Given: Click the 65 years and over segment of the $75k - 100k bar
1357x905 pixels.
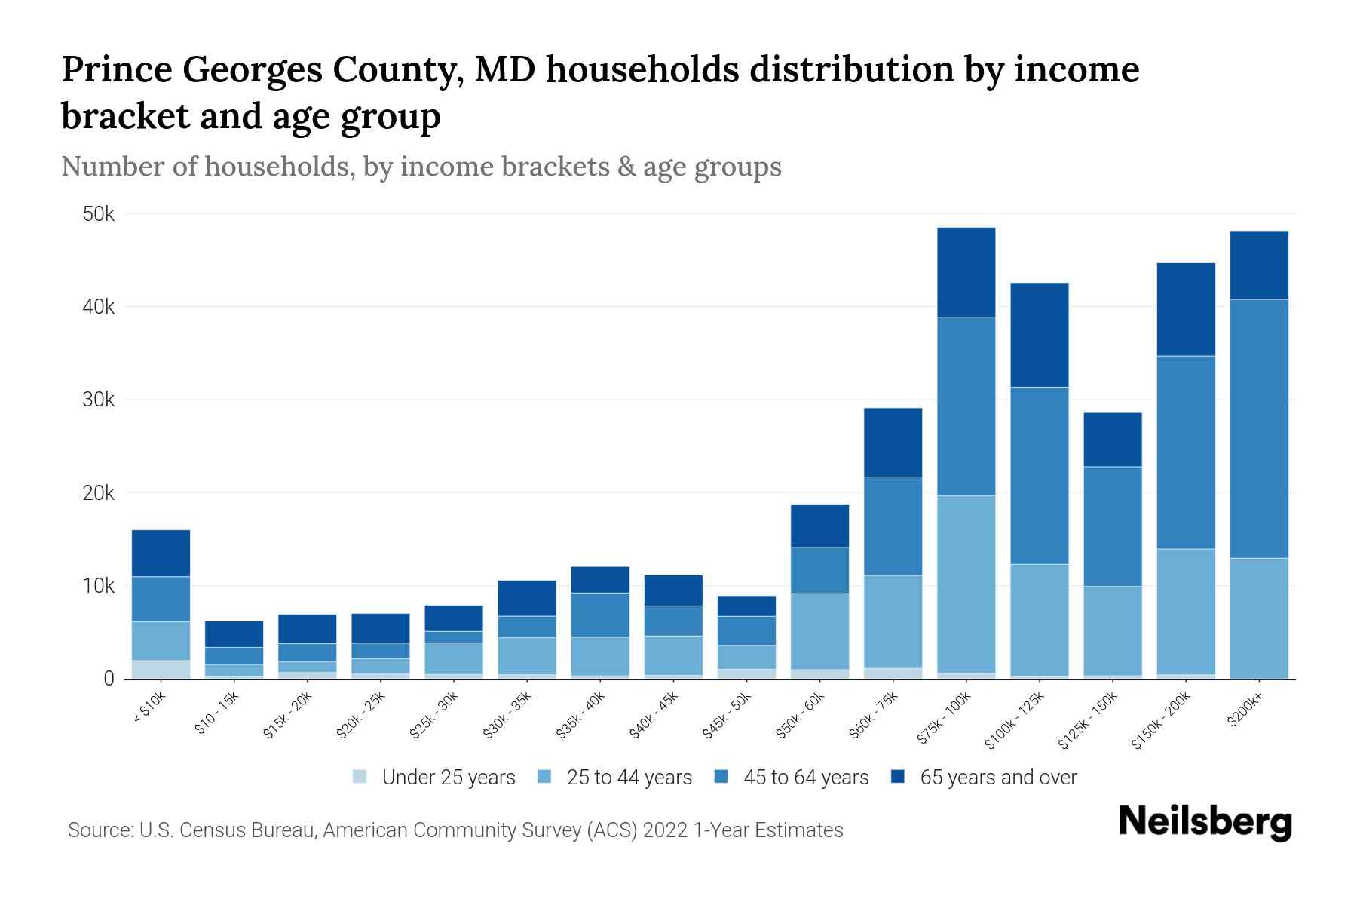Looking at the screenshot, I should [966, 272].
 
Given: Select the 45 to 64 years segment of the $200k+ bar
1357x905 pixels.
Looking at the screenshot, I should [1258, 428].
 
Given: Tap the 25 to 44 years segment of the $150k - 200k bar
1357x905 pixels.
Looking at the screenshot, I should [1185, 611].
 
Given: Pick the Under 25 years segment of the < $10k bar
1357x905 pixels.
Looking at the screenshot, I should [161, 669].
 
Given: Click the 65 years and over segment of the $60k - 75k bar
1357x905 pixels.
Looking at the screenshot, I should [893, 442].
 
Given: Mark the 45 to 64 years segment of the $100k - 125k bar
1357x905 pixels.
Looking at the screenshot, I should [1039, 475].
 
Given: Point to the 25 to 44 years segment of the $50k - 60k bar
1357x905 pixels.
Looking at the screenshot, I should [819, 630].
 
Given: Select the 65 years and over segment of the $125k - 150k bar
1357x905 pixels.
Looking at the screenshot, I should [1112, 439].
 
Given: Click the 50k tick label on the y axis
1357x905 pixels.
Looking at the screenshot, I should [98, 214].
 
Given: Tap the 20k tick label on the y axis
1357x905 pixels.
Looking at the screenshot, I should [98, 493].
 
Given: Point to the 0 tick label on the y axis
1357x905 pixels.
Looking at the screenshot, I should [109, 679].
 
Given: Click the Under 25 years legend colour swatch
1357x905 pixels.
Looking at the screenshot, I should [360, 776].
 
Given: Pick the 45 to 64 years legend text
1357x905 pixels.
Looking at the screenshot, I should [806, 778].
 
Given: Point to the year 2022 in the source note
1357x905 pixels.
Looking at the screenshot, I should [665, 830].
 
